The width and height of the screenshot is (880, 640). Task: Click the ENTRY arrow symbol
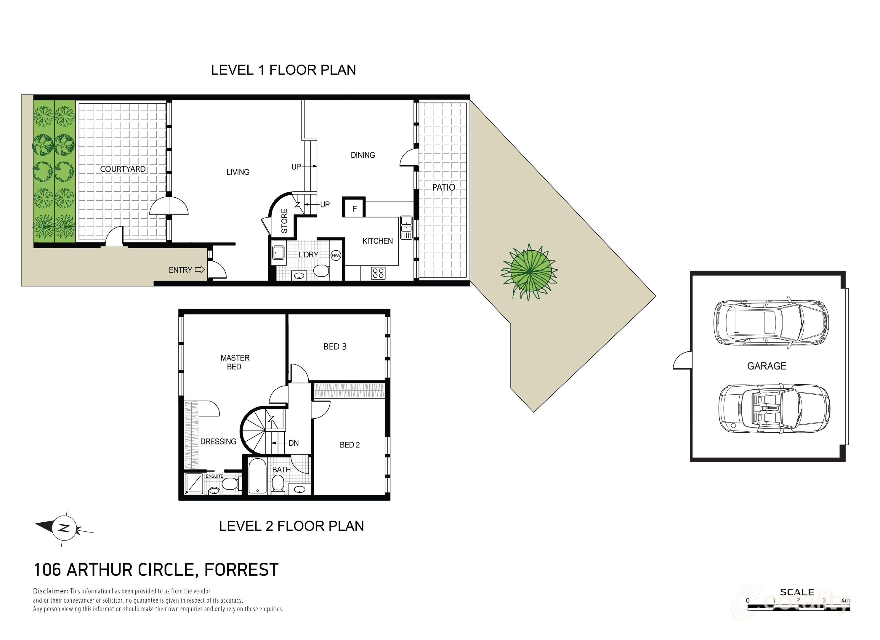pyautogui.click(x=199, y=270)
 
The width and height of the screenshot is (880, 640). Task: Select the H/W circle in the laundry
pyautogui.click(x=336, y=255)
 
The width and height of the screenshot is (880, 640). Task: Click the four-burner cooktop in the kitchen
pyautogui.click(x=378, y=273)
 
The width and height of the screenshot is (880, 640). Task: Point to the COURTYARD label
pyautogui.click(x=123, y=169)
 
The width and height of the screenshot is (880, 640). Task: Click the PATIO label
pyautogui.click(x=443, y=188)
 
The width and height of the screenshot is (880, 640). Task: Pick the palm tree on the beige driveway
pyautogui.click(x=530, y=272)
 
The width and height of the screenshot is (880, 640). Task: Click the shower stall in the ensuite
pyautogui.click(x=194, y=484)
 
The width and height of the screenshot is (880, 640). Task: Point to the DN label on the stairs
pyautogui.click(x=293, y=443)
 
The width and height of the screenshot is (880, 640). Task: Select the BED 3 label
pyautogui.click(x=335, y=347)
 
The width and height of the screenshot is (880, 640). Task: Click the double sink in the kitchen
pyautogui.click(x=406, y=228)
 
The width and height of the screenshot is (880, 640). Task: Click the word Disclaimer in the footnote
pyautogui.click(x=50, y=591)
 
